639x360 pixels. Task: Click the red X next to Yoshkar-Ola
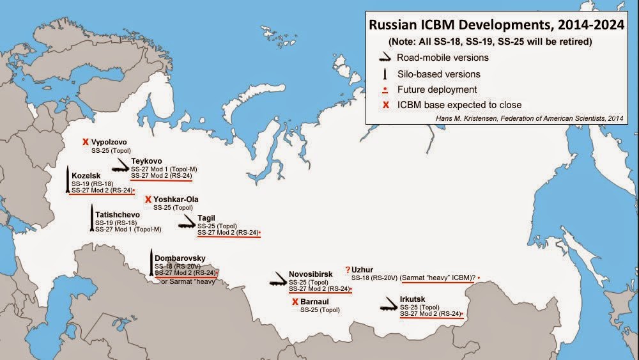148,200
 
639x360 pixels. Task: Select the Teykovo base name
146,160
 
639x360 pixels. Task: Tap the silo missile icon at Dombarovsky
151,262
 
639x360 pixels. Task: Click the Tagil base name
206,218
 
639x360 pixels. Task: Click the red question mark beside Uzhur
348,270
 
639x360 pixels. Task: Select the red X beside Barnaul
295,302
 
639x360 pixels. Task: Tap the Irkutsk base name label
412,299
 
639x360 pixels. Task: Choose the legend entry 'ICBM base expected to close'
459,104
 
